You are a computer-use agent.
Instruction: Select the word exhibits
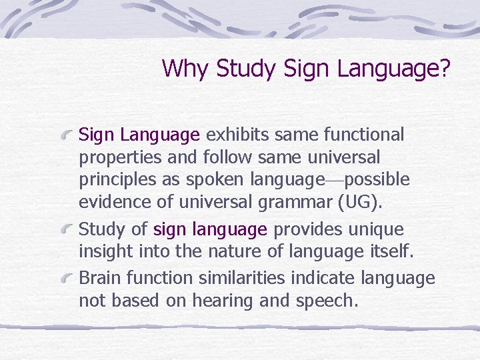coord(236,135)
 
